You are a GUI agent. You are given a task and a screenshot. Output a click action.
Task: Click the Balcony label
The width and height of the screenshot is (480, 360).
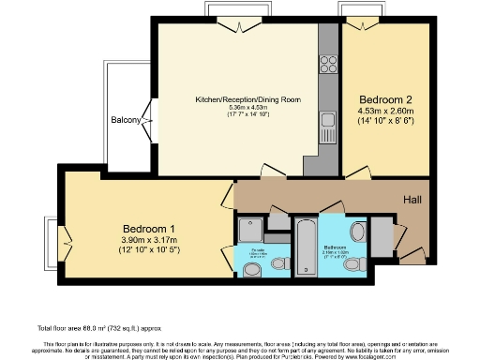[x=127, y=120]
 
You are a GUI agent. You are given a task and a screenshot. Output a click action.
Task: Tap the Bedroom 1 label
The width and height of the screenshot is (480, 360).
[x=149, y=228]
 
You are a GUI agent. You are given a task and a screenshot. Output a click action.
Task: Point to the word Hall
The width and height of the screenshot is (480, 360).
[x=412, y=200]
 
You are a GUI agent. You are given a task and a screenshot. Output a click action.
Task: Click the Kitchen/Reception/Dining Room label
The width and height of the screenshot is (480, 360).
[x=247, y=99]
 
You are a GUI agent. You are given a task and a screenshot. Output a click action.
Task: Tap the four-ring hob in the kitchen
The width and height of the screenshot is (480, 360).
[x=329, y=64]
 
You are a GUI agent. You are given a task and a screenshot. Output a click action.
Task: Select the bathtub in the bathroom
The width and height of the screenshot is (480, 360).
[x=306, y=247]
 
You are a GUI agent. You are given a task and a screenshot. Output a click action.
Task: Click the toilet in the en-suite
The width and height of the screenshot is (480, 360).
[x=251, y=270]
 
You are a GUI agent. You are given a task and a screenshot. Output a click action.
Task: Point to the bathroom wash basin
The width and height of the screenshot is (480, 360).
[x=356, y=232]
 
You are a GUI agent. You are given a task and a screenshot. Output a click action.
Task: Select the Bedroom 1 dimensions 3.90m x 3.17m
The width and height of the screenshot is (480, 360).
[x=149, y=241]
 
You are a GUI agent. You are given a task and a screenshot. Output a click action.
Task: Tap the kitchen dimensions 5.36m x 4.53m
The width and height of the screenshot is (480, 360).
[x=247, y=108]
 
